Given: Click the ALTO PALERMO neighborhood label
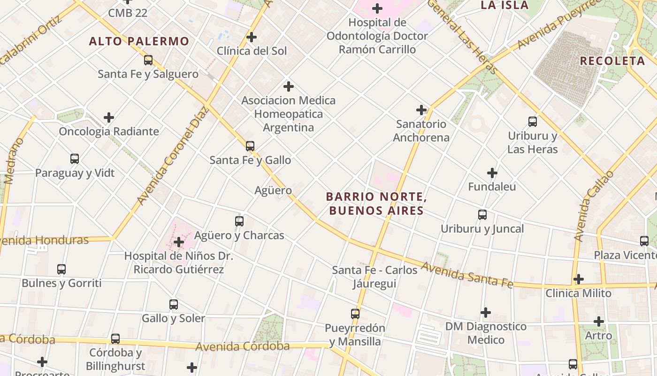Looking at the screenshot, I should [139, 41].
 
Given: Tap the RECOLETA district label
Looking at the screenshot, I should [612, 61].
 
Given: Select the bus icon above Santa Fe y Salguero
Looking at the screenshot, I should [148, 60].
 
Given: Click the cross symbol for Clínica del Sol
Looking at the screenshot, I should [252, 37].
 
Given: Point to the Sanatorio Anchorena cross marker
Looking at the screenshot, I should [421, 110].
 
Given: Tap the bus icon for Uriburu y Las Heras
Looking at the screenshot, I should [533, 122].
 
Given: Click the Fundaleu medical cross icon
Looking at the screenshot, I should [492, 173].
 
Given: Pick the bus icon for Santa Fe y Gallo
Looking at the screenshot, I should [250, 146].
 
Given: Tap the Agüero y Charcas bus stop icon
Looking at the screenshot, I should [239, 221].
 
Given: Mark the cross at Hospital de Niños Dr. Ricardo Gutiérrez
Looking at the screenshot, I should [179, 242].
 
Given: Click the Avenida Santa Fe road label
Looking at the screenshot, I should [466, 274].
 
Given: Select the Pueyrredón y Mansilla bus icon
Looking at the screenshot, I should [355, 313].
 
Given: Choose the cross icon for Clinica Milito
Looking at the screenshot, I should [579, 279].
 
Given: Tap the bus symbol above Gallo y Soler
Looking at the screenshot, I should [174, 304].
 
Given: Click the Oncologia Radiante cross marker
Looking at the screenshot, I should [109, 117].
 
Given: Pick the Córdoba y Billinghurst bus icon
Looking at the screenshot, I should [115, 338].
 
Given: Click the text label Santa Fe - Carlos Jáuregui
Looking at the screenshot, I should [374, 277].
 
